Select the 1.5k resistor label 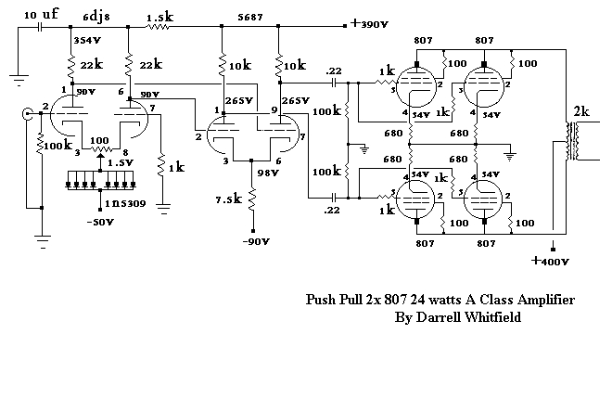(x=158, y=17)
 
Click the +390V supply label (x=372, y=25)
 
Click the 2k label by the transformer (x=581, y=111)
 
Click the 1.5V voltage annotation (x=119, y=162)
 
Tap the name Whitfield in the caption (x=492, y=317)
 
